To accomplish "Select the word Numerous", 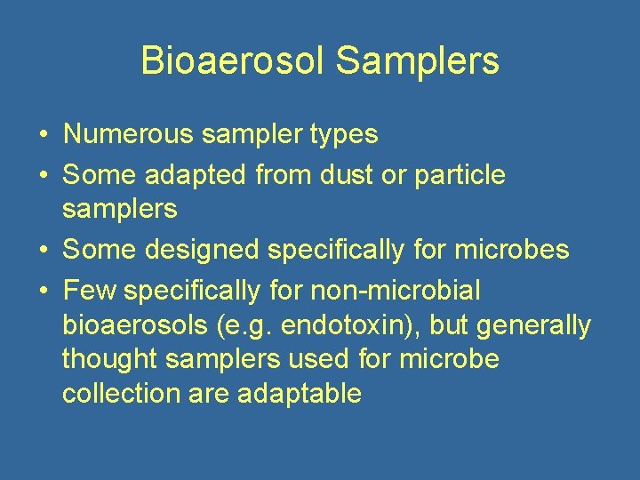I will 127,134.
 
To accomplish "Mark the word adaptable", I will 300,394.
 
